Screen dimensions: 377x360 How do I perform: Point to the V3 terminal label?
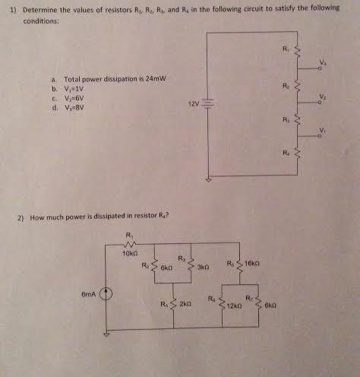point(321,62)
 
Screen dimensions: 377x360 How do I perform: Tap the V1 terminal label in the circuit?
point(321,130)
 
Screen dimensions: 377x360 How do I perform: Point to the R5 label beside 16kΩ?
point(229,264)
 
